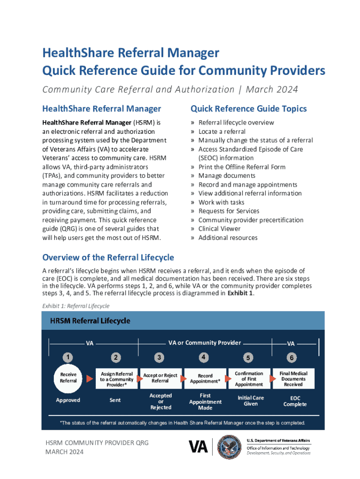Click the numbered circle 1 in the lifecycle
68,358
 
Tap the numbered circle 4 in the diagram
203,357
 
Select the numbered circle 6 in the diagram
292,358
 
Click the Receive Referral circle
68,378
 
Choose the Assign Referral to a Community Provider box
116,379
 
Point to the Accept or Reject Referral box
160,378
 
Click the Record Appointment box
205,378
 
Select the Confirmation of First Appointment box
249,379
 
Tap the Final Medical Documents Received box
293,379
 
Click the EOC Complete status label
295,401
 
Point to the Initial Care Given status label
251,401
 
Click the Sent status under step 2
115,400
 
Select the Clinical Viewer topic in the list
219,229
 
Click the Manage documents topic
227,176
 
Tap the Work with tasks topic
221,202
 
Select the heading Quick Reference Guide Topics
249,109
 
